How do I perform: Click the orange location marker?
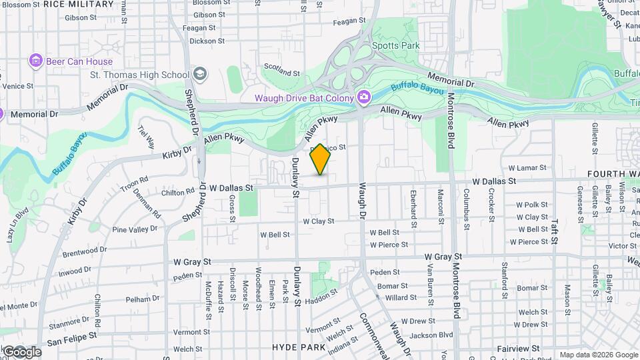(x=321, y=159)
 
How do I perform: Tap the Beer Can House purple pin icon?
(x=36, y=61)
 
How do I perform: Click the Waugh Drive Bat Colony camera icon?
(x=363, y=98)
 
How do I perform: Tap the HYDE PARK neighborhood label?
(x=297, y=347)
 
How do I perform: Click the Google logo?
(x=22, y=351)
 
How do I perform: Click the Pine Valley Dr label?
(x=135, y=229)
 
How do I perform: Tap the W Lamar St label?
(x=527, y=168)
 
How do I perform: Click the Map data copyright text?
(x=598, y=355)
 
